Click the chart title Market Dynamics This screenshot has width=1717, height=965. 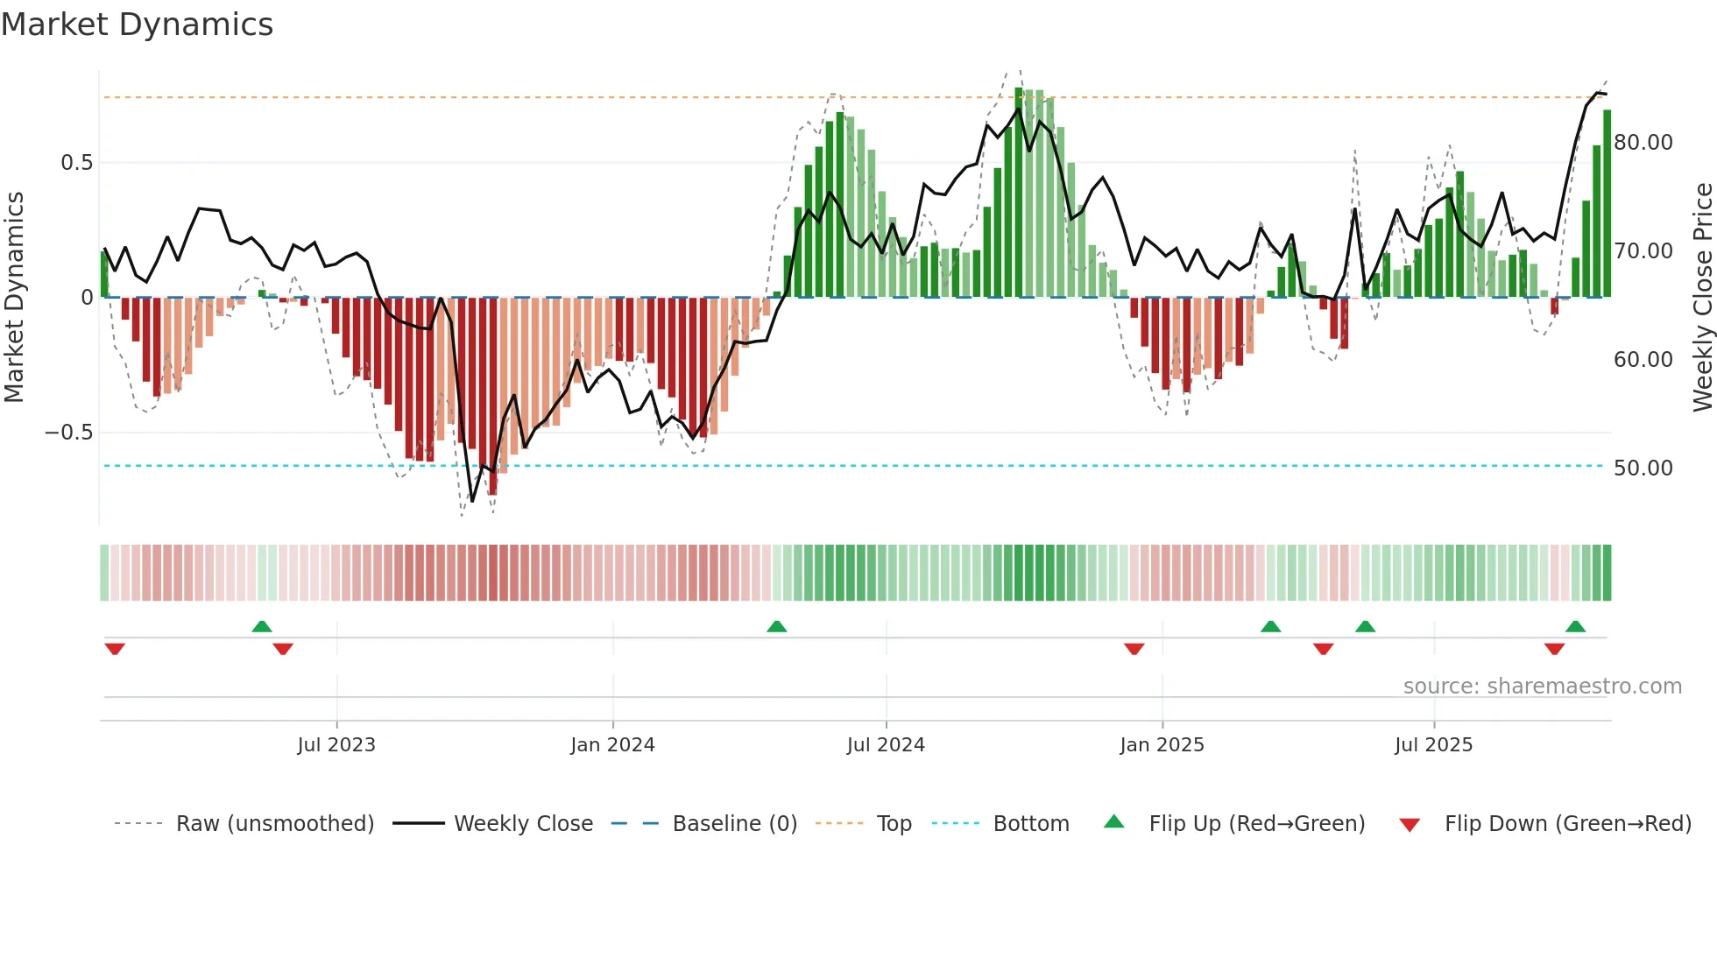[x=137, y=25]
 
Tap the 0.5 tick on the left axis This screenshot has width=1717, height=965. [x=76, y=163]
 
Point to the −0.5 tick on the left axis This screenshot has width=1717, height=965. [x=68, y=433]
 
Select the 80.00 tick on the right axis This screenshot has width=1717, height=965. [x=1643, y=143]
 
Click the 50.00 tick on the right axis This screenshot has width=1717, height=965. [x=1643, y=468]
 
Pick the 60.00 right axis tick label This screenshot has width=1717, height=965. [x=1643, y=360]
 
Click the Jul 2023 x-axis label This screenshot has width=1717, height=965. [x=336, y=745]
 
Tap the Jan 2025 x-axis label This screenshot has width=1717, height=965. [x=1162, y=745]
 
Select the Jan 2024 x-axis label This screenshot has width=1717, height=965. [x=612, y=745]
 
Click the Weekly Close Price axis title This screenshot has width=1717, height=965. [x=1702, y=297]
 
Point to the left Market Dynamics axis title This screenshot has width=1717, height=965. [x=14, y=297]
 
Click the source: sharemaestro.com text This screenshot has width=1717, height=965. [x=1542, y=687]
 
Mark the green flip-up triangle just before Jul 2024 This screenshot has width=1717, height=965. [x=776, y=626]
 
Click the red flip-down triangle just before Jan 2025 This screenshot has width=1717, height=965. [x=1134, y=649]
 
